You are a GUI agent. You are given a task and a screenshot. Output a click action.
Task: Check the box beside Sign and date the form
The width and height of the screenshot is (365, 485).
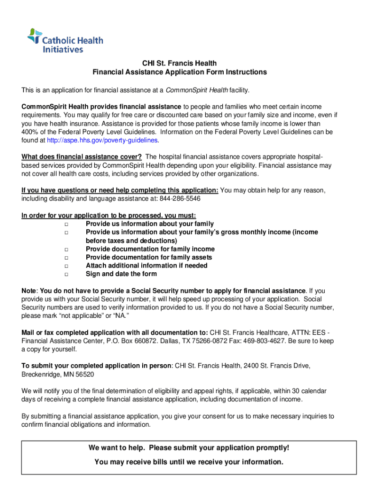[x=66, y=274]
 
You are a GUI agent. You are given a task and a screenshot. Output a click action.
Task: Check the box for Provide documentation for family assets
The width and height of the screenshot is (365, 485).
[x=66, y=258]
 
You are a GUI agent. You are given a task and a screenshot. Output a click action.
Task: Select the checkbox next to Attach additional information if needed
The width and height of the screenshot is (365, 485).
[x=66, y=266]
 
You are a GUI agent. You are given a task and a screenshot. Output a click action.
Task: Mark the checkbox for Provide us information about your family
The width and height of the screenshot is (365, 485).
[x=66, y=224]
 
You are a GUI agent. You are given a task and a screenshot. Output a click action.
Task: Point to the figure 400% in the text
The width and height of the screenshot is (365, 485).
[x=30, y=132]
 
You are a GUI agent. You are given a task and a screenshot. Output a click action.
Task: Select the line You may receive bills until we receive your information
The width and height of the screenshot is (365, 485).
[x=189, y=462]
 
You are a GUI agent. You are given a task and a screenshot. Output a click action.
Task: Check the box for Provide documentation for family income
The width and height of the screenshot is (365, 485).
[x=66, y=249]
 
